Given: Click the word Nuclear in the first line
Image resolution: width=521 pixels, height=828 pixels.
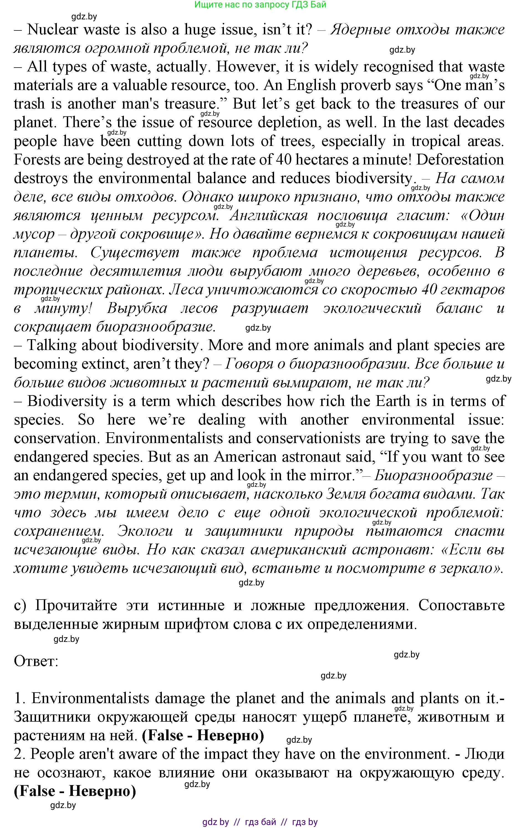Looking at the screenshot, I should coord(53,30).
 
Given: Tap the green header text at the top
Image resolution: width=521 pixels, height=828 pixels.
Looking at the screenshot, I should coord(260,5).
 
